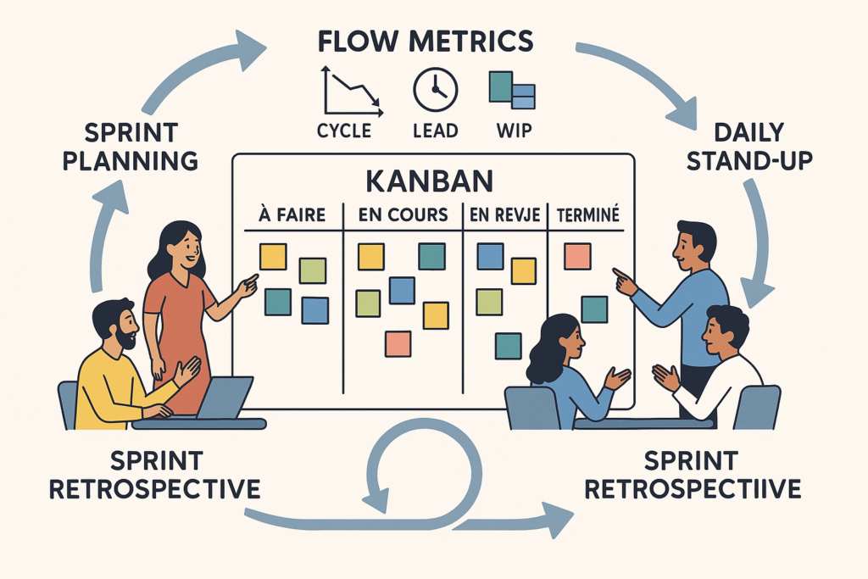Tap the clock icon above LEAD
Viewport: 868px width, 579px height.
coord(435,91)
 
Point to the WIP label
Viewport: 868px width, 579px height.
coord(512,131)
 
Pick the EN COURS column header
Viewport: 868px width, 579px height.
coord(403,215)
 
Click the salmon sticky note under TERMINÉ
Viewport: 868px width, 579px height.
coord(577,256)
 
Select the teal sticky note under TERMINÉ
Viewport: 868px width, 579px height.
coord(593,309)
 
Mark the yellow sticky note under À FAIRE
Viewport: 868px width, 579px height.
coord(273,256)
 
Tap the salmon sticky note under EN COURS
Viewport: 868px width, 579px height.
coord(398,343)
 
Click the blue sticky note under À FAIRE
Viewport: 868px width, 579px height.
coord(314,310)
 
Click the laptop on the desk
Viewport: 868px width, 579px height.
coord(224,398)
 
